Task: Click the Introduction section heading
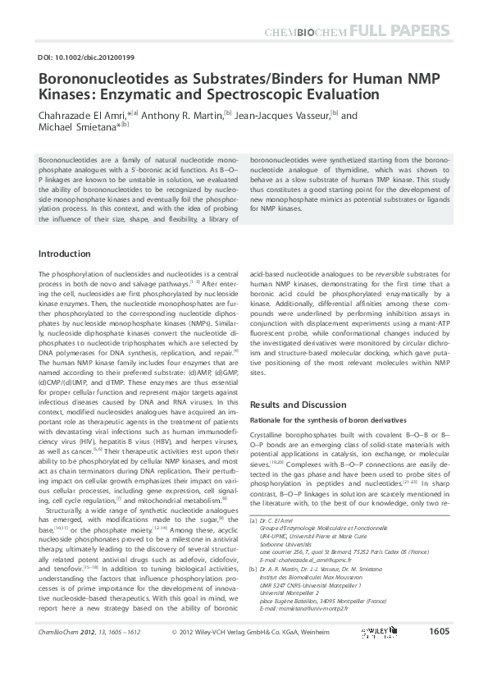[x=66, y=254]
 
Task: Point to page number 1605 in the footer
[x=439, y=655]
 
